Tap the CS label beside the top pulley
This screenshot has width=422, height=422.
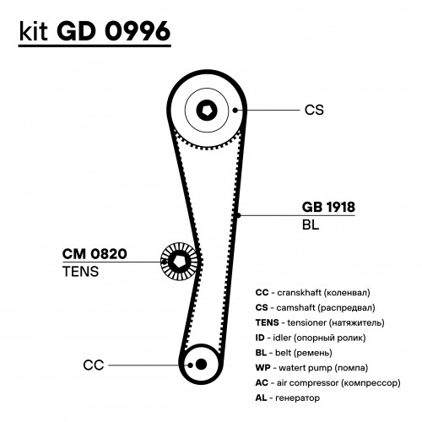(314, 110)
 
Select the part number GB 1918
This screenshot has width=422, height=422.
(328, 207)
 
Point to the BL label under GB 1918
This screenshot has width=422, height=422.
(311, 225)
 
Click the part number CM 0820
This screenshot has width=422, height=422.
(95, 254)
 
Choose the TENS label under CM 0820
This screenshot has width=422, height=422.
(81, 272)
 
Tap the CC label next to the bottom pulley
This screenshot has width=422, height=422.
(94, 365)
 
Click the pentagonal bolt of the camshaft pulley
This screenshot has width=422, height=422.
(207, 110)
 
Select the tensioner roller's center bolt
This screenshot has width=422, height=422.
(178, 262)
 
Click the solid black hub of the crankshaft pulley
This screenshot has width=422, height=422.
(201, 365)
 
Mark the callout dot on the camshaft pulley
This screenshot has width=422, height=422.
(235, 110)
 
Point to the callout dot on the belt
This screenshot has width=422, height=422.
(239, 215)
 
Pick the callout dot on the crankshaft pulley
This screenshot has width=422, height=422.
(190, 365)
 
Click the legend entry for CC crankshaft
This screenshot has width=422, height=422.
(312, 293)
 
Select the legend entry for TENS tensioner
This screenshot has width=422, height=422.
(320, 322)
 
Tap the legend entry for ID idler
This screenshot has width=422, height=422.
(311, 338)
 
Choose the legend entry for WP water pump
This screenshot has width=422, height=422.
(311, 368)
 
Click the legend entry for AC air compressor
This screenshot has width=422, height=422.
(327, 383)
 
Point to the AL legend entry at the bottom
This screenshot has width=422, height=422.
(288, 398)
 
